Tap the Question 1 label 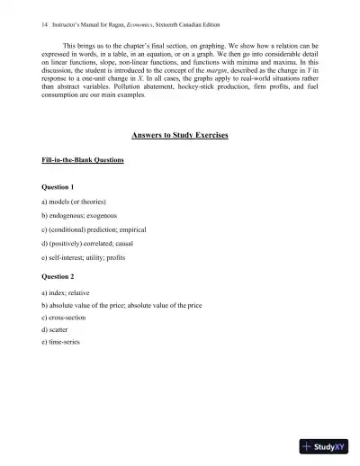coord(60,186)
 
